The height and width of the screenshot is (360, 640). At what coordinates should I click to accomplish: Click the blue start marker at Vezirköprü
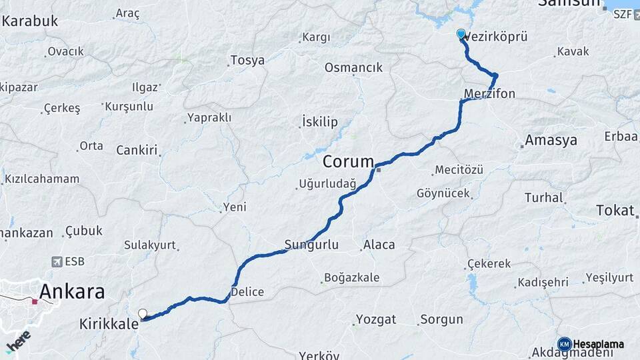(x=461, y=33)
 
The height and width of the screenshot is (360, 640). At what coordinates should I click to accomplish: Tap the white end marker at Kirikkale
(x=143, y=313)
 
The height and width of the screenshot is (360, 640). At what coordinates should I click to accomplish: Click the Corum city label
(x=348, y=162)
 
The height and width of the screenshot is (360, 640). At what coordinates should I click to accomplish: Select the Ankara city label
(x=72, y=291)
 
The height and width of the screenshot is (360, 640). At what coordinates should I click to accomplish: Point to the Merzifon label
(x=491, y=94)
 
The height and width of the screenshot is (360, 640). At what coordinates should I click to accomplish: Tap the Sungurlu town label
(x=311, y=245)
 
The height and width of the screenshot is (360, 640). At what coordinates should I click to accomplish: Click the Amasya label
(x=551, y=141)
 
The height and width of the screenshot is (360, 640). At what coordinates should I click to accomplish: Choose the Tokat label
(x=615, y=211)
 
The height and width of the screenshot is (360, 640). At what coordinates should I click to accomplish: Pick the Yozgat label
(x=376, y=319)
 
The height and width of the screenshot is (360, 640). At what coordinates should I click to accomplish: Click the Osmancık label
(x=353, y=67)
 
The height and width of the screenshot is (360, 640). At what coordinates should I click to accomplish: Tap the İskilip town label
(x=320, y=122)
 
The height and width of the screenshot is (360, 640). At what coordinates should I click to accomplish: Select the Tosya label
(x=247, y=61)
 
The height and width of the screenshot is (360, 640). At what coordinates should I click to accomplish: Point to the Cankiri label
(x=137, y=150)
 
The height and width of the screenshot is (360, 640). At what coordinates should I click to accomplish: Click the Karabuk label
(x=30, y=21)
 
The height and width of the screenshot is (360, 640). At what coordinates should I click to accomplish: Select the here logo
(x=18, y=342)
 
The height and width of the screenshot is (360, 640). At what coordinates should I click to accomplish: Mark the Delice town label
(x=247, y=292)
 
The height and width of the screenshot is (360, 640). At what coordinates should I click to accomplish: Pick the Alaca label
(x=379, y=245)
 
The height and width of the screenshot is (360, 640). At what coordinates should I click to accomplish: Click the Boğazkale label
(x=351, y=277)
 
